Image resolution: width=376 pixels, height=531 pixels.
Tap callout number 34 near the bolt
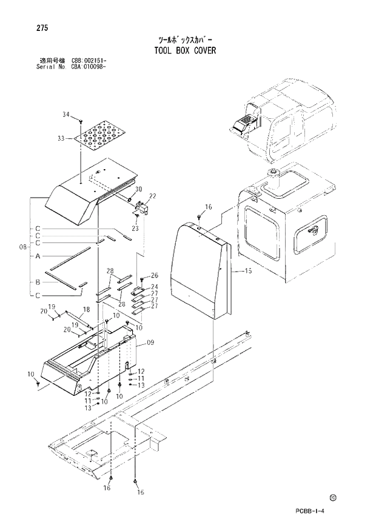click(66, 115)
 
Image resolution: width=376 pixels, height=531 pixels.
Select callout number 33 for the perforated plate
click(61, 138)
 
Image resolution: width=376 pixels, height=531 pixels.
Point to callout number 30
click(138, 189)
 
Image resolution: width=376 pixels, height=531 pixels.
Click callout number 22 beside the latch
click(152, 196)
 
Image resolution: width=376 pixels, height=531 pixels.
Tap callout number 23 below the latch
click(135, 229)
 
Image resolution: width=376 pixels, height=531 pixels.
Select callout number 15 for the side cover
click(247, 272)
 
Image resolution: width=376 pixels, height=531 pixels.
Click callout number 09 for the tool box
click(150, 342)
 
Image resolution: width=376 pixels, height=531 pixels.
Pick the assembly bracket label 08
click(22, 247)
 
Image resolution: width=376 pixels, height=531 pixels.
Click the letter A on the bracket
click(38, 256)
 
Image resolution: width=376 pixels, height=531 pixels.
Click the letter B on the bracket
click(38, 282)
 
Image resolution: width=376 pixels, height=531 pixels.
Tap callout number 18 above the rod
click(86, 310)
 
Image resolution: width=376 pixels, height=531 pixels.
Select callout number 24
click(154, 287)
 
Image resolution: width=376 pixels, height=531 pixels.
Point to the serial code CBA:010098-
click(90, 67)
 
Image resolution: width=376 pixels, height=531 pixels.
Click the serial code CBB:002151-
click(89, 61)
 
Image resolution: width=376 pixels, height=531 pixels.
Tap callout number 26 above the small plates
click(154, 276)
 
